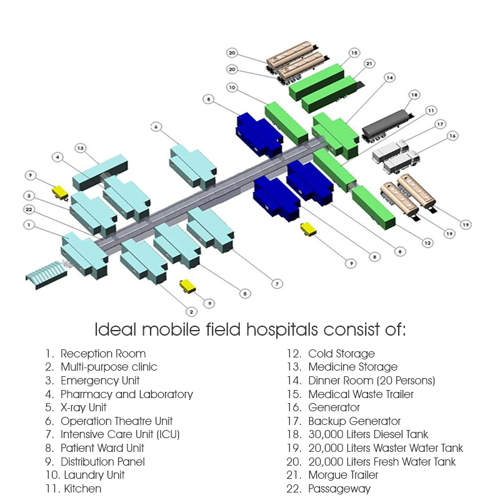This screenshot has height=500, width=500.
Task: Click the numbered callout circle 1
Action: (x=29, y=223)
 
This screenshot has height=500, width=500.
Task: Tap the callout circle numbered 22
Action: (x=29, y=209)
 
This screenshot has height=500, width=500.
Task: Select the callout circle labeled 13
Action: (x=79, y=148)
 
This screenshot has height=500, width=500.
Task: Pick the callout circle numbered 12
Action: (x=427, y=242)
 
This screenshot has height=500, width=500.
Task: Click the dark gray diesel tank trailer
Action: (x=386, y=124)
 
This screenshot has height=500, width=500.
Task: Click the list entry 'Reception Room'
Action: (x=103, y=354)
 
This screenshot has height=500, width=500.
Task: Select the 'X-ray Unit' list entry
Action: (x=83, y=407)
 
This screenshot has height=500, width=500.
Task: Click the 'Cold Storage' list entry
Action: (x=341, y=354)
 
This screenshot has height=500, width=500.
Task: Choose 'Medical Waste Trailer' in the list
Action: (x=361, y=394)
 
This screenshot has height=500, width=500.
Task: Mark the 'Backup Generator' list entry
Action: (x=354, y=421)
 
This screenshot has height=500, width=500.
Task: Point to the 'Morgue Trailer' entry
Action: (x=343, y=475)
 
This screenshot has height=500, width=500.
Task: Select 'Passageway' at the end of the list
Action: (x=339, y=489)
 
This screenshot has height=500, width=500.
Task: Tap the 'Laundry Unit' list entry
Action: (x=92, y=475)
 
